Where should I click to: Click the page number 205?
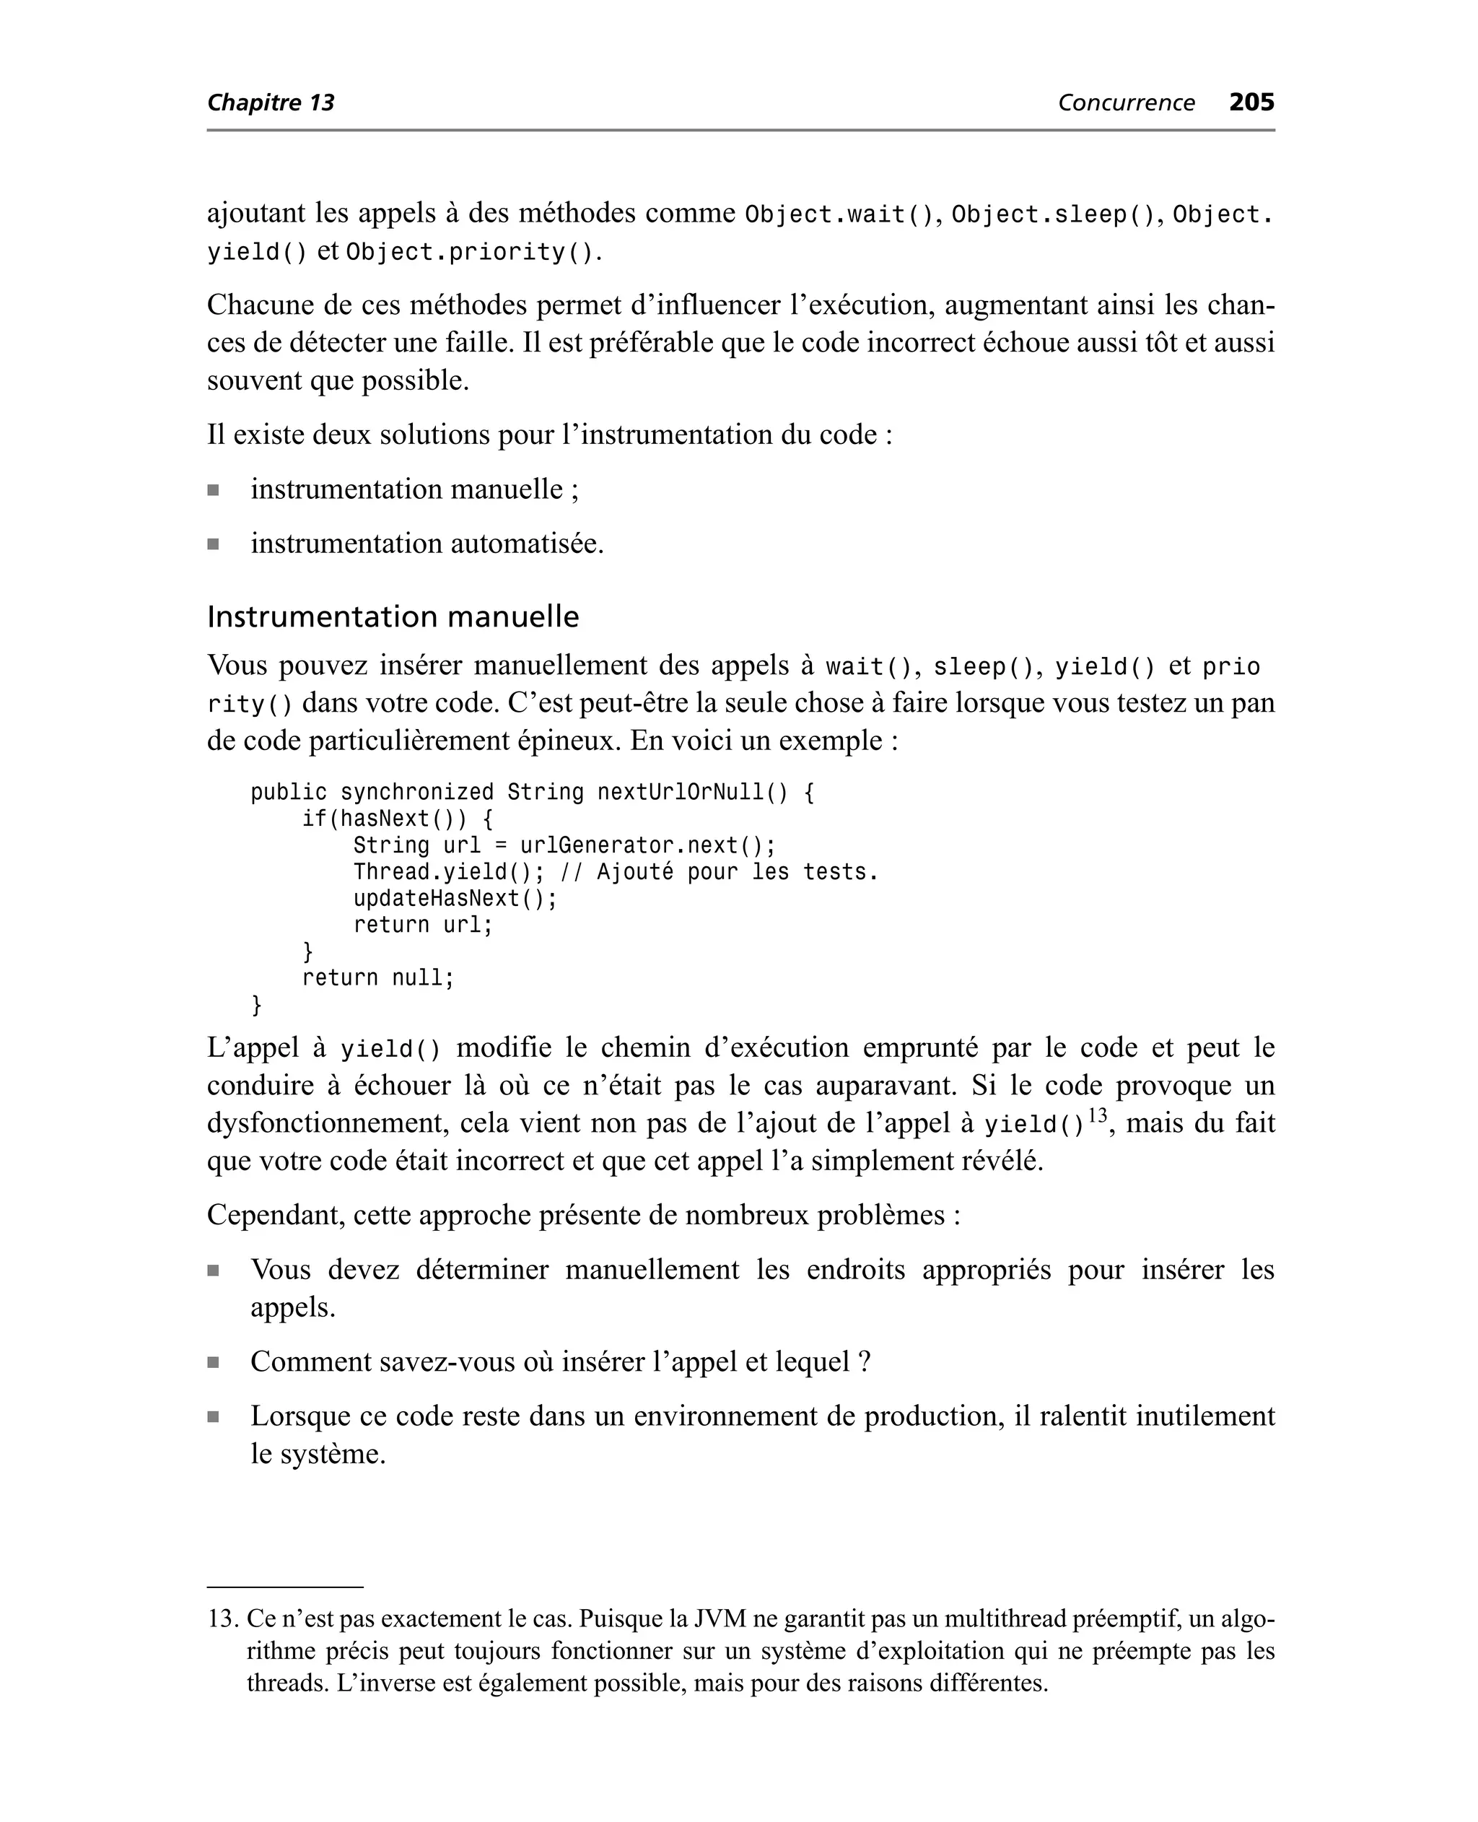coord(1251,103)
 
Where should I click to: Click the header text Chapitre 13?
coord(271,103)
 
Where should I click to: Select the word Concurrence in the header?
coord(1126,103)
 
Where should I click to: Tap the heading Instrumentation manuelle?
coord(393,616)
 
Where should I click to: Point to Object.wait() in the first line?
coord(839,214)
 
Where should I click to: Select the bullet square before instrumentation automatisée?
coord(213,544)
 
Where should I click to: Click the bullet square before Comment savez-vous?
coord(213,1363)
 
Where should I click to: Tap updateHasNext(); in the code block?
coord(455,899)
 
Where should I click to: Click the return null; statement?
coord(378,978)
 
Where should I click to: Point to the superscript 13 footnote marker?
coord(1098,1115)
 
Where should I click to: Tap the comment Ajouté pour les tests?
coord(738,873)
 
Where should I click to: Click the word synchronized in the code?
coord(417,793)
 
